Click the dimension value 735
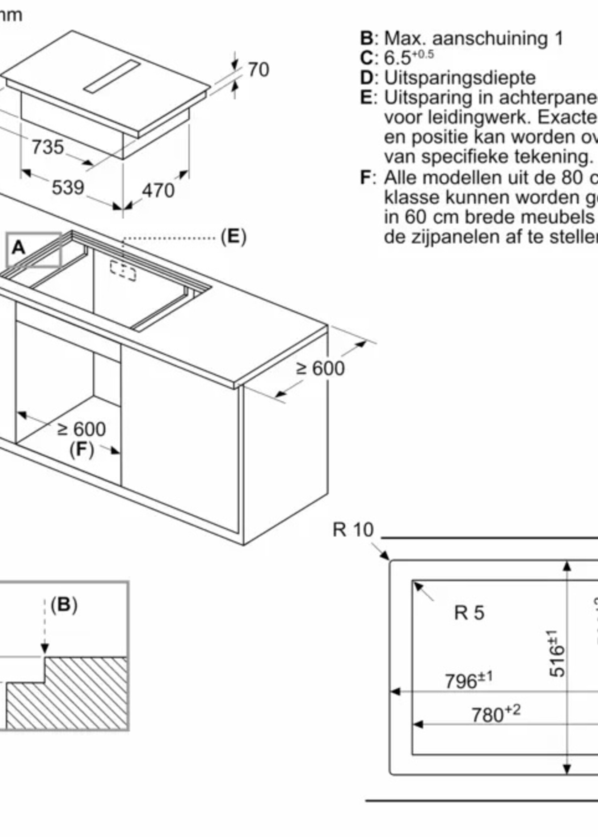[x=48, y=147]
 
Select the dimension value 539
[x=68, y=187]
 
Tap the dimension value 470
[x=158, y=190]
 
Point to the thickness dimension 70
[x=258, y=69]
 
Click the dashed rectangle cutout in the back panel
[x=123, y=272]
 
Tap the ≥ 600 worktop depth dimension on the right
[x=320, y=368]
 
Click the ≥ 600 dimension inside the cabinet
[x=82, y=429]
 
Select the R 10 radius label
[x=353, y=530]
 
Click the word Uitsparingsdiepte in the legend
[x=460, y=78]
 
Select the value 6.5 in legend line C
[x=397, y=58]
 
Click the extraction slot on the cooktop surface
[x=112, y=76]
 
